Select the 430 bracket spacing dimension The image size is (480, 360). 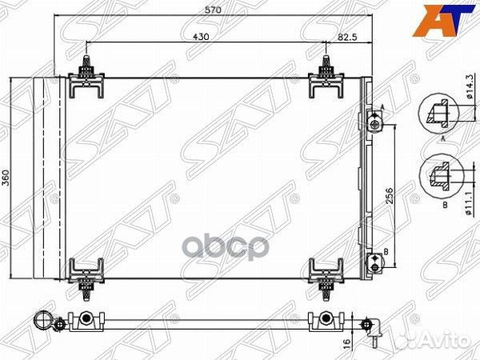click(200, 37)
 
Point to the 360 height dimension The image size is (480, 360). click(7, 177)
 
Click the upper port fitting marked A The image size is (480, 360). click(374, 123)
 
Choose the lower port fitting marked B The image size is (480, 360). click(374, 258)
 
